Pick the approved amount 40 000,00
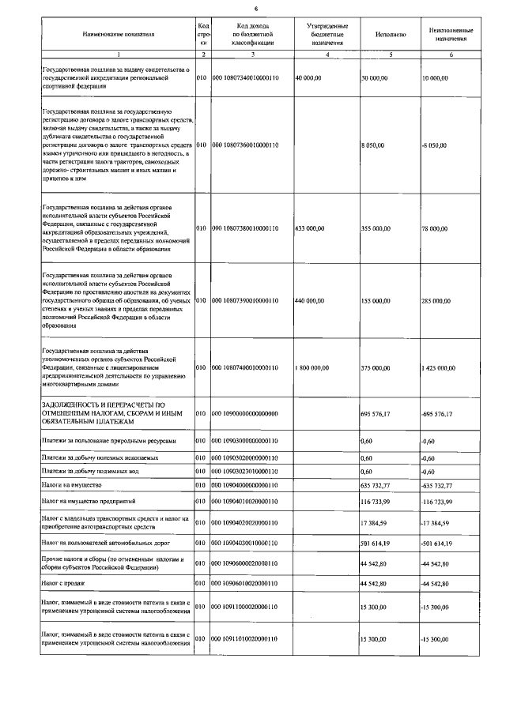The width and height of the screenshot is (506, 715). coord(308,79)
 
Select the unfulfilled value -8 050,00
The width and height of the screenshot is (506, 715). coord(434,146)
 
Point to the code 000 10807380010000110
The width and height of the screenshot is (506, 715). coord(246,228)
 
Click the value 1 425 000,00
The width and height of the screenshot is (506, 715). coord(439,368)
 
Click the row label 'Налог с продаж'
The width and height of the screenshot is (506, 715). coord(62,583)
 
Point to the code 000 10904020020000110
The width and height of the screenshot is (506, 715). coord(246,523)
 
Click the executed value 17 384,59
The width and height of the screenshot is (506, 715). coord(375,523)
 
